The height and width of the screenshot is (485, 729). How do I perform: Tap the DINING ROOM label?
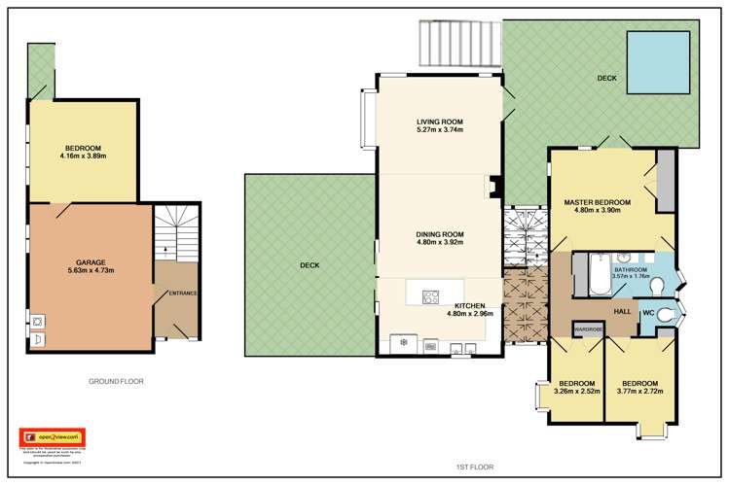pyautogui.click(x=440, y=233)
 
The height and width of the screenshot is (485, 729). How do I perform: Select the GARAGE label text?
pyautogui.click(x=91, y=262)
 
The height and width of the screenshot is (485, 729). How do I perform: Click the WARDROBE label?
pyautogui.click(x=589, y=329)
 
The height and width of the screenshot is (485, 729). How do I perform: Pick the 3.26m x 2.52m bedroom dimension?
pyautogui.click(x=577, y=392)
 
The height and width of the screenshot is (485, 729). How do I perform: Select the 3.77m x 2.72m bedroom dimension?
pyautogui.click(x=641, y=392)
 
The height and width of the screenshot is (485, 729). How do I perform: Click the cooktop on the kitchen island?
pyautogui.click(x=431, y=296)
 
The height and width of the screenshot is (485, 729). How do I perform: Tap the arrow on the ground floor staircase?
pyautogui.click(x=164, y=250)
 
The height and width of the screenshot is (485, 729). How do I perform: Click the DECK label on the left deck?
pyautogui.click(x=309, y=263)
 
